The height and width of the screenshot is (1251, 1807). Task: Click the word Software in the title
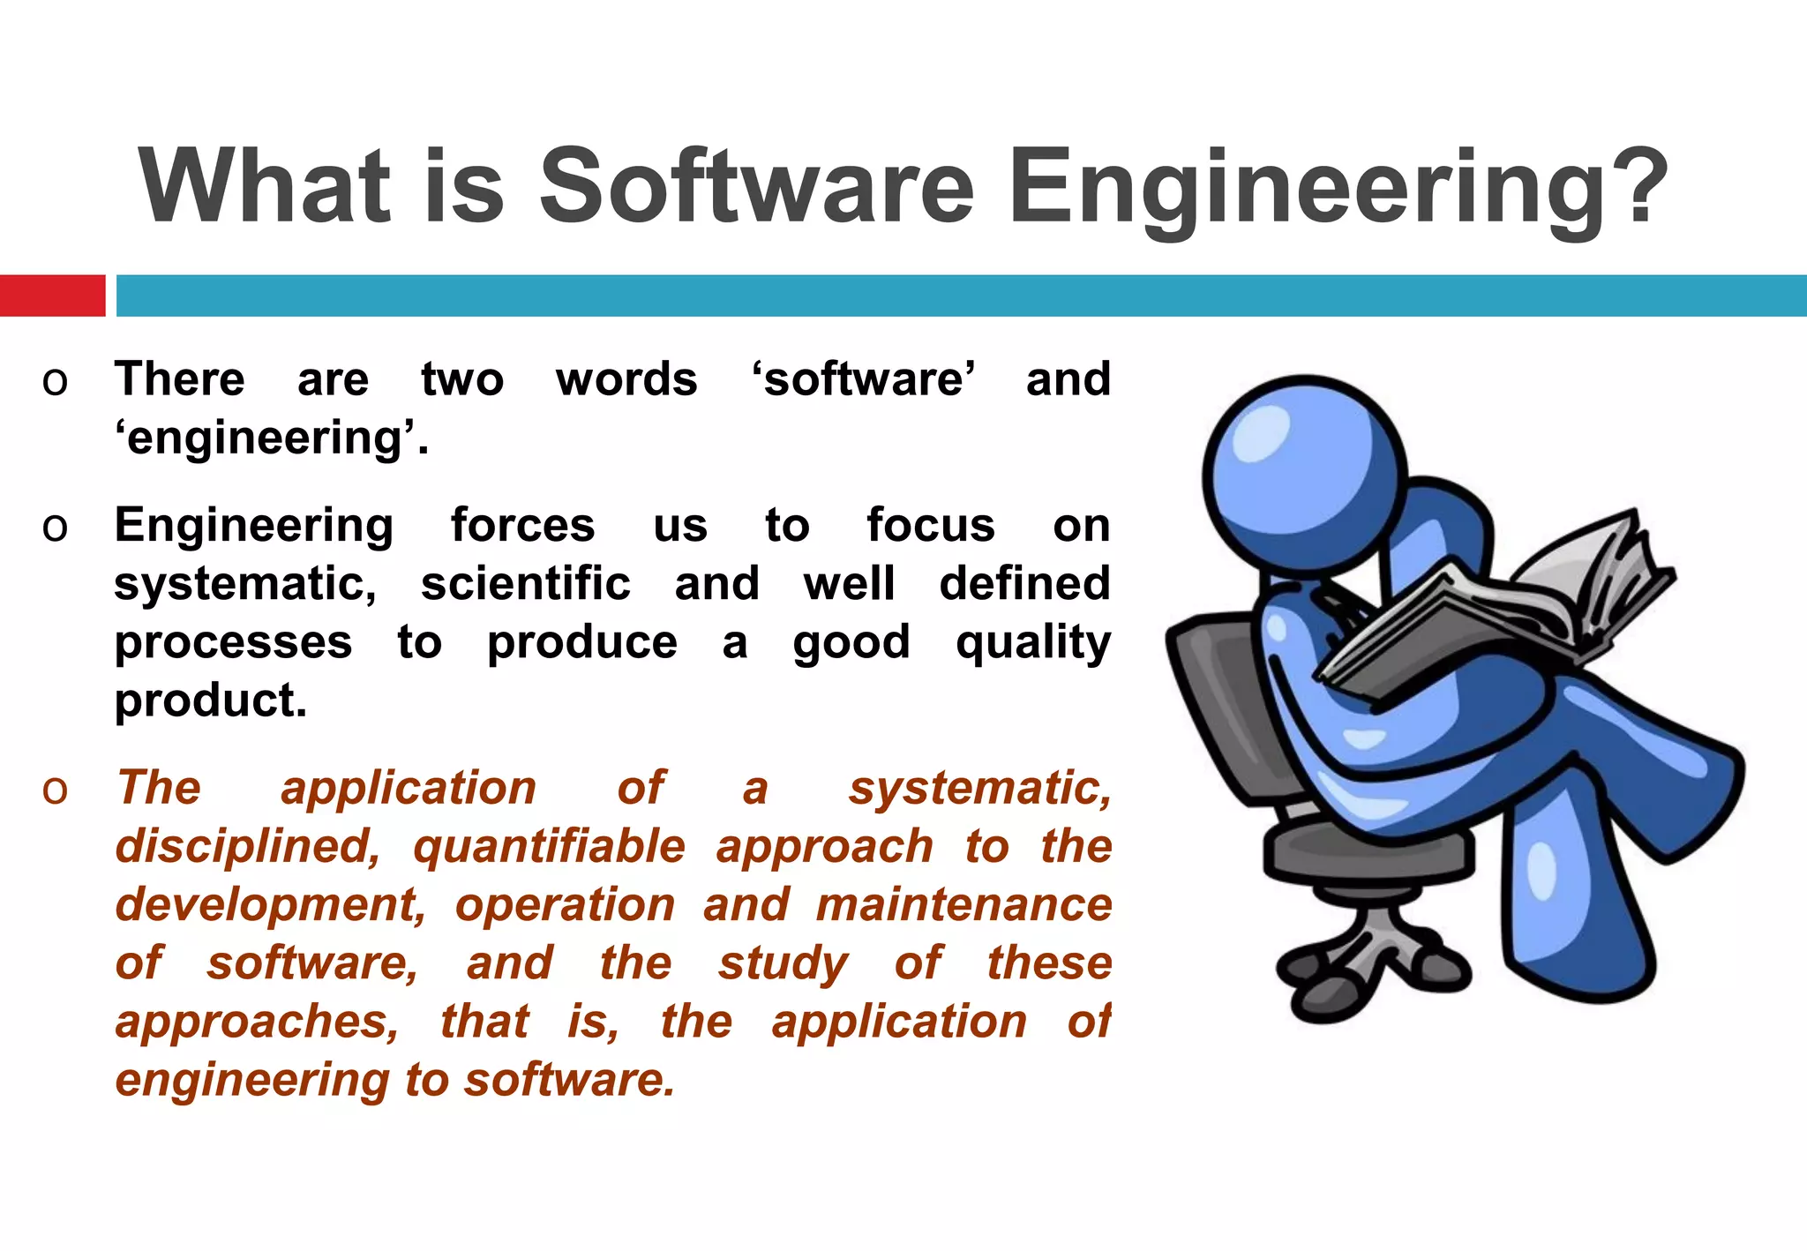[756, 187]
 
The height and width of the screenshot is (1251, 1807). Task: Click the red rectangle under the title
[52, 296]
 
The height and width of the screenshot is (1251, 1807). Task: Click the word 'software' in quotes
[862, 379]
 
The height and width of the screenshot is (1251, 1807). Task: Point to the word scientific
[525, 584]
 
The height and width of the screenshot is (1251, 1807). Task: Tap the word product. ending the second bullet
[211, 700]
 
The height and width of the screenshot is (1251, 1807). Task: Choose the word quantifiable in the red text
[549, 847]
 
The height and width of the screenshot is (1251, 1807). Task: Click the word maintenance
[963, 905]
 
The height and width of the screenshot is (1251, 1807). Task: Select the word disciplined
[248, 847]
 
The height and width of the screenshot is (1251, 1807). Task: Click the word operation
[565, 905]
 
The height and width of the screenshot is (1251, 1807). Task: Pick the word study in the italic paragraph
[782, 963]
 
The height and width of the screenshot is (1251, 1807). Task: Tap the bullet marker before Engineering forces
[55, 528]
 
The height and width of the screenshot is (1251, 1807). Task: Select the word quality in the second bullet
[1032, 642]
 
